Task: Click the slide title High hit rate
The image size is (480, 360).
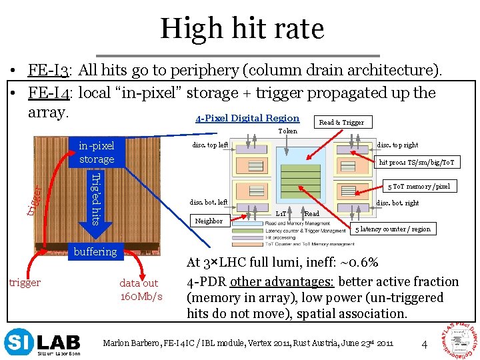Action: pos(241,28)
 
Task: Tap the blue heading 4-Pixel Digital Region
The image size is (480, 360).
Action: pos(247,119)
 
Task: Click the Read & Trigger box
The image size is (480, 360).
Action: pos(341,122)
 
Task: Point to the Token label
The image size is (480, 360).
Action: pos(288,131)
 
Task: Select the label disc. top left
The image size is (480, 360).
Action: pos(210,145)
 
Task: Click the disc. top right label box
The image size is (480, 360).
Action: pos(397,145)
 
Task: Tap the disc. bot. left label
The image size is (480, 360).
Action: pos(209,202)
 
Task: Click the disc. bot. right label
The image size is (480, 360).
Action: pos(398,202)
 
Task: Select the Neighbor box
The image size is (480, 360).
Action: pos(209,221)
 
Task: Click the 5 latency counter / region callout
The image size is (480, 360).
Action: pos(393,229)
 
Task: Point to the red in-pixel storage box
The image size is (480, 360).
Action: pos(97,152)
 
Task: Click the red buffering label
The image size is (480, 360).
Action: pos(95,251)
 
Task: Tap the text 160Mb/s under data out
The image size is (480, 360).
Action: pos(140,295)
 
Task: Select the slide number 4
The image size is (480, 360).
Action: pos(424,344)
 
